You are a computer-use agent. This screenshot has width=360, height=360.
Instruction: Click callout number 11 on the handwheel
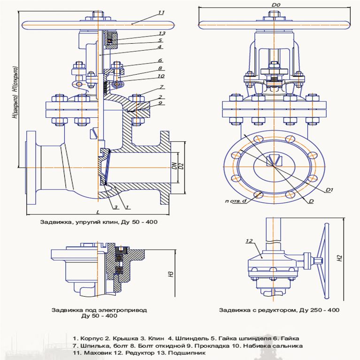[x=161, y=13]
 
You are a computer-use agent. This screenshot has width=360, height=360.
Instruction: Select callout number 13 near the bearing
[x=161, y=34]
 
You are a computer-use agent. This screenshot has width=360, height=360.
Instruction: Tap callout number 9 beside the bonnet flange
[x=161, y=103]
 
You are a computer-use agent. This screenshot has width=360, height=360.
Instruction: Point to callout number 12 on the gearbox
[x=249, y=241]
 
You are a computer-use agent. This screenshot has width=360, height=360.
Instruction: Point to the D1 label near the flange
[x=329, y=190]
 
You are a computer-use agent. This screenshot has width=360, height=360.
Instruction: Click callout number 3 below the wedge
[x=114, y=207]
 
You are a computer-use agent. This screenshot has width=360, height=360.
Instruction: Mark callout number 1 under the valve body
[x=127, y=207]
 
